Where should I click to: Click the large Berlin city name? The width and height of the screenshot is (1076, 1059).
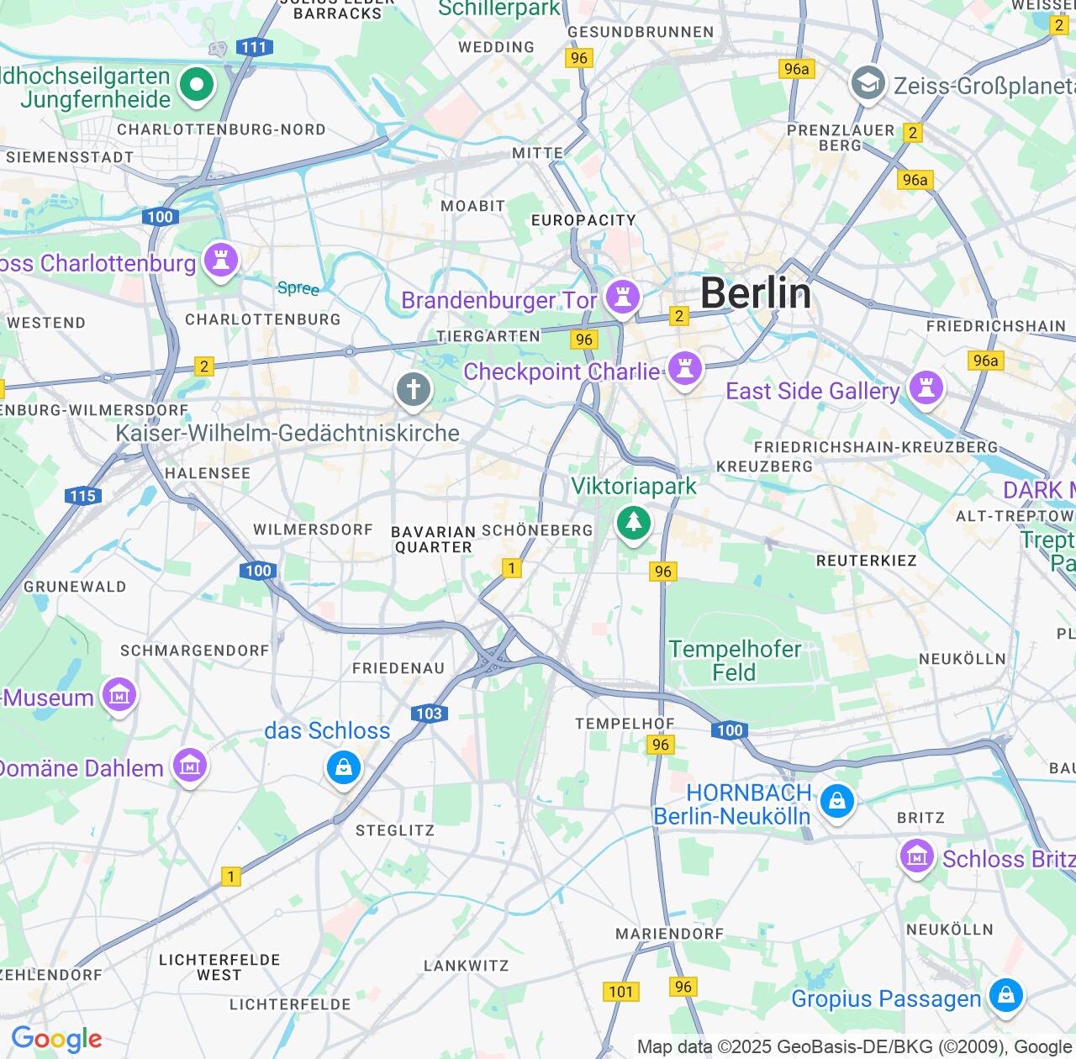[x=756, y=293]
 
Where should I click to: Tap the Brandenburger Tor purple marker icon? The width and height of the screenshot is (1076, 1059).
[x=623, y=297]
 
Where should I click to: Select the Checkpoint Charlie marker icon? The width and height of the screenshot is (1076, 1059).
[x=685, y=369]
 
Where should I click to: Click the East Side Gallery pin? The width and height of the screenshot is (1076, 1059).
[x=926, y=388]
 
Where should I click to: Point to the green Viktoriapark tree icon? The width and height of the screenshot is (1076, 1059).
[x=634, y=523]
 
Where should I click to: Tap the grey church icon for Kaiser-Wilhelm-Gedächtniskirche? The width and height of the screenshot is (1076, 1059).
[x=414, y=390]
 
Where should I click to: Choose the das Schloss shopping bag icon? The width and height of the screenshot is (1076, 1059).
[x=343, y=767]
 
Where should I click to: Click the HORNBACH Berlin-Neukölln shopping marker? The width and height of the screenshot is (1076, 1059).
[x=837, y=801]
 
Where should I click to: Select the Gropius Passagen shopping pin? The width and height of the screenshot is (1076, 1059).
[x=1005, y=996]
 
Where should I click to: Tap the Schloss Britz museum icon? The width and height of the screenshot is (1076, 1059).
[x=917, y=857]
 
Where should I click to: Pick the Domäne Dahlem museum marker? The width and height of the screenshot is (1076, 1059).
[x=190, y=767]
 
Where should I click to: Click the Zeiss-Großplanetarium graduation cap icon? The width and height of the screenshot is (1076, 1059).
[x=868, y=84]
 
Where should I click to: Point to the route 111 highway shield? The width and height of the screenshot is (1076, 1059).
[x=253, y=47]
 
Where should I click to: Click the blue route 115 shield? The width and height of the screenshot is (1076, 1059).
[x=83, y=496]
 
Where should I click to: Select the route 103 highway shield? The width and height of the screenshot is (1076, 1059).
[x=429, y=714]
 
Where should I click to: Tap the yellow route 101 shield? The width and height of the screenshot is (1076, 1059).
[x=620, y=992]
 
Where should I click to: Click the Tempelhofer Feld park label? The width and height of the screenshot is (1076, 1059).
[x=735, y=661]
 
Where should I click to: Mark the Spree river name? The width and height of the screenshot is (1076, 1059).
[x=298, y=288]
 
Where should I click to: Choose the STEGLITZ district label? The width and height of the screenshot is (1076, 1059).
[x=395, y=830]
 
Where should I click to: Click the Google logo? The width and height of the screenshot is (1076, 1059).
[x=56, y=1040]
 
